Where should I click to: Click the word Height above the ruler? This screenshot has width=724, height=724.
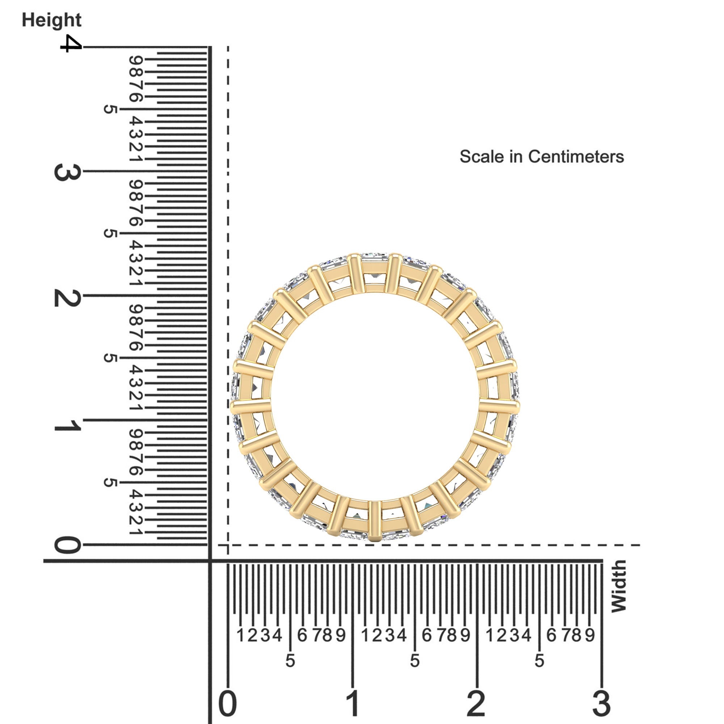[51, 20]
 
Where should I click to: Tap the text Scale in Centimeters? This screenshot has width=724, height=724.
[542, 157]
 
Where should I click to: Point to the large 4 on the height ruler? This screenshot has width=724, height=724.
[71, 43]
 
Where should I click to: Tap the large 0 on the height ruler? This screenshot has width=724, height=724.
[67, 545]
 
